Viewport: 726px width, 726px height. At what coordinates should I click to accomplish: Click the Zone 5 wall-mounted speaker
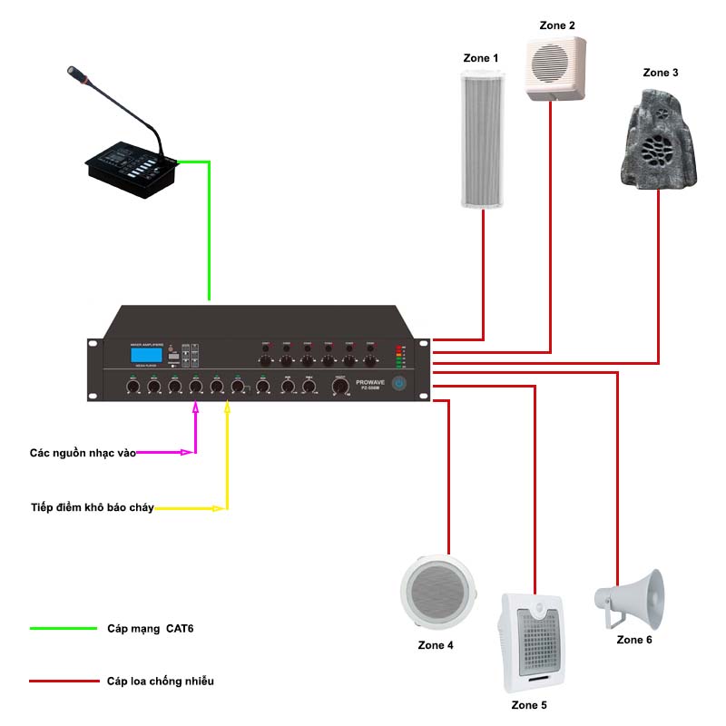[x=534, y=641]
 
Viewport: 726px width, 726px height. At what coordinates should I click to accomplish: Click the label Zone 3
[x=660, y=73]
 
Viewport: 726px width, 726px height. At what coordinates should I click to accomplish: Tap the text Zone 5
[x=530, y=705]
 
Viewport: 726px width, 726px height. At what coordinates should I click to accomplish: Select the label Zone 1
[x=481, y=58]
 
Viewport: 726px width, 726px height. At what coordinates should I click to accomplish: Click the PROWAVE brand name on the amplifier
[x=372, y=383]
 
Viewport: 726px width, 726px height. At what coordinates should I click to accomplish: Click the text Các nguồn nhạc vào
[x=82, y=451]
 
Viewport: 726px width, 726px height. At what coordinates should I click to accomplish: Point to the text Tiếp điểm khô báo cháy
[x=93, y=507]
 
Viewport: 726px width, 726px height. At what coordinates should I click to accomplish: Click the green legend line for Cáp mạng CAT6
[x=63, y=628]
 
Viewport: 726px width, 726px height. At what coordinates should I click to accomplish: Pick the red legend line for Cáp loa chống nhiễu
[x=63, y=681]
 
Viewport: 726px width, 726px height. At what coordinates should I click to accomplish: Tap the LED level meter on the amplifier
[x=398, y=357]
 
